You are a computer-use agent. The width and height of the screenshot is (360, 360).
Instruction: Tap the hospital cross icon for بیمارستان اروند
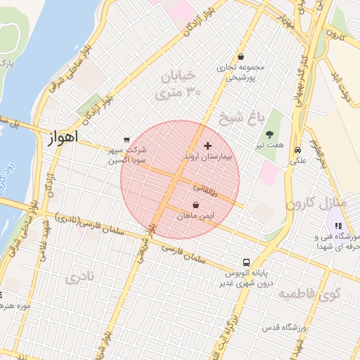coord(207,145)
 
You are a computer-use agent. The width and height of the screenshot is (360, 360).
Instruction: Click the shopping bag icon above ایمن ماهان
coord(195,205)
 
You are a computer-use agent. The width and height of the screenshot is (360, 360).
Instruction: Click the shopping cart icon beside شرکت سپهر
coord(127,139)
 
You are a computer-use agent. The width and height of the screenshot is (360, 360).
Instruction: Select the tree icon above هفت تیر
coord(270,134)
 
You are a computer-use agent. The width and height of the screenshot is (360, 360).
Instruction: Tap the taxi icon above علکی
coord(298,150)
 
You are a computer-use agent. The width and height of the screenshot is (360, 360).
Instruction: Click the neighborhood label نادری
coord(79,278)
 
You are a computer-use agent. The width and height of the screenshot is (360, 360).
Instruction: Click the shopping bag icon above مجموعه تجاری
coord(241,56)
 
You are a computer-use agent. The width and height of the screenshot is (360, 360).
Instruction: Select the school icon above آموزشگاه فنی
coord(338,226)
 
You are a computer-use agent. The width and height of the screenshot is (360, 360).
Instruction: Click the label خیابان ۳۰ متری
coord(180,84)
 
